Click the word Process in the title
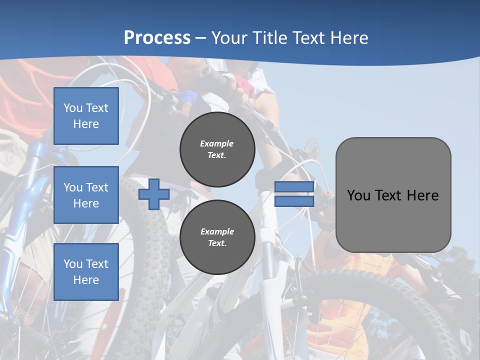tap(157, 38)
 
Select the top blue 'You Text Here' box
tap(86, 116)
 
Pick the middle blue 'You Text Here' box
tap(86, 195)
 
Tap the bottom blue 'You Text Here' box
tap(86, 271)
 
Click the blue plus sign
tap(153, 194)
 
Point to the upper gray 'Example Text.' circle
tap(217, 149)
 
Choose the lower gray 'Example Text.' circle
tap(217, 237)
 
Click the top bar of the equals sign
tap(294, 187)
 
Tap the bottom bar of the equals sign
tap(294, 201)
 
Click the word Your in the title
tap(229, 38)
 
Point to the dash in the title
tap(201, 38)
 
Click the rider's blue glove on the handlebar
tap(186, 96)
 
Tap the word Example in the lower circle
tap(217, 231)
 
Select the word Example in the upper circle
tap(217, 143)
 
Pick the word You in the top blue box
tap(72, 108)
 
